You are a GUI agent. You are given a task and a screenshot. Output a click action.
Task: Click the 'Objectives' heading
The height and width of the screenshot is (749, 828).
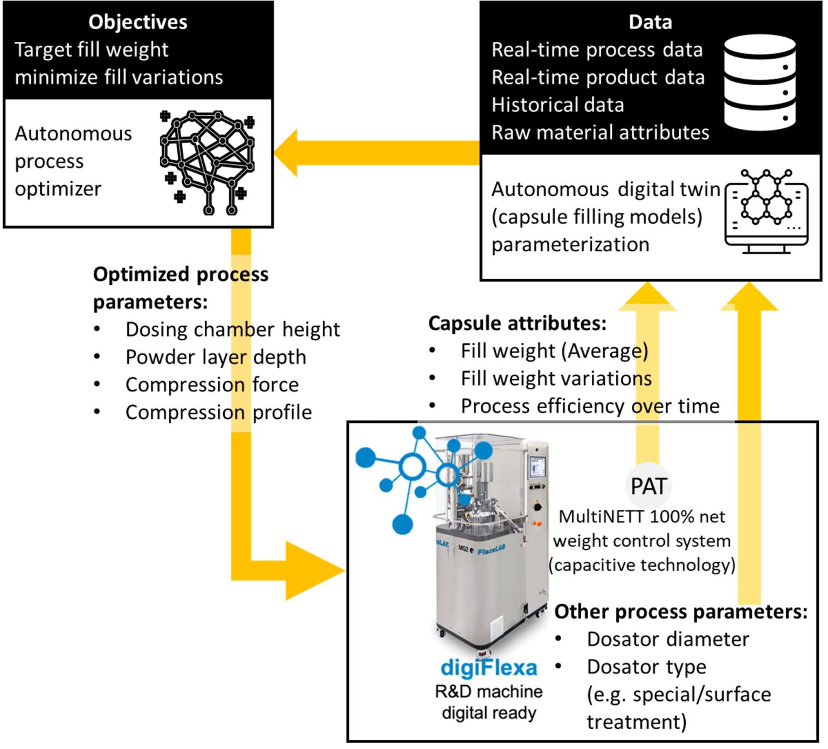pyautogui.click(x=137, y=22)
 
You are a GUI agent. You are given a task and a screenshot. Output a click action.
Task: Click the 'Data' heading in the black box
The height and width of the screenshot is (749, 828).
pyautogui.click(x=650, y=22)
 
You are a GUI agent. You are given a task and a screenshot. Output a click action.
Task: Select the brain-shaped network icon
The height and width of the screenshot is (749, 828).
pyautogui.click(x=208, y=161)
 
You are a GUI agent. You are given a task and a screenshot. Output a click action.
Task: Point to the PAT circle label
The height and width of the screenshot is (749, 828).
pyautogui.click(x=648, y=486)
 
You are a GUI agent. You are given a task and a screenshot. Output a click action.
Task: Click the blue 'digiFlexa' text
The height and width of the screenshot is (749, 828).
pyautogui.click(x=488, y=668)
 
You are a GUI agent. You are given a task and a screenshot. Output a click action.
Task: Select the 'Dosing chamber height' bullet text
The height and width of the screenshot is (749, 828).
pyautogui.click(x=232, y=329)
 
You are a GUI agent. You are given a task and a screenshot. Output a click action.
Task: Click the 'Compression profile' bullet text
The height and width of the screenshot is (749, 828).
pyautogui.click(x=218, y=413)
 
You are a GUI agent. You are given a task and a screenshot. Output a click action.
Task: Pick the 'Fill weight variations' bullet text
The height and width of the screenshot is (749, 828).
pyautogui.click(x=556, y=379)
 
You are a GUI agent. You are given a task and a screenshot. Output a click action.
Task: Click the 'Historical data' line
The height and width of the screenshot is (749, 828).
pyautogui.click(x=557, y=105)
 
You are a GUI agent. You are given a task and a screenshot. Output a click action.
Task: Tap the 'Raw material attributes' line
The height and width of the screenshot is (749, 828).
pyautogui.click(x=600, y=133)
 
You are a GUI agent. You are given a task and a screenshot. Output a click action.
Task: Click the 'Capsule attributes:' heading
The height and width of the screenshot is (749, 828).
pyautogui.click(x=517, y=323)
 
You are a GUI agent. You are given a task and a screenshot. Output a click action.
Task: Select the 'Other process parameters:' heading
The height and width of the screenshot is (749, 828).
pyautogui.click(x=681, y=611)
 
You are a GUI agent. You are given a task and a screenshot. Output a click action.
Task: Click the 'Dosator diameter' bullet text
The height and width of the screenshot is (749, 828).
pyautogui.click(x=668, y=639)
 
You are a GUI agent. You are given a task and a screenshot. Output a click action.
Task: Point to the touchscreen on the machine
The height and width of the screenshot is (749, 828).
pyautogui.click(x=537, y=466)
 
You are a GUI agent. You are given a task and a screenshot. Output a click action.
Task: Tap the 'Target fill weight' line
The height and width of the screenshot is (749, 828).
pyautogui.click(x=92, y=50)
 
